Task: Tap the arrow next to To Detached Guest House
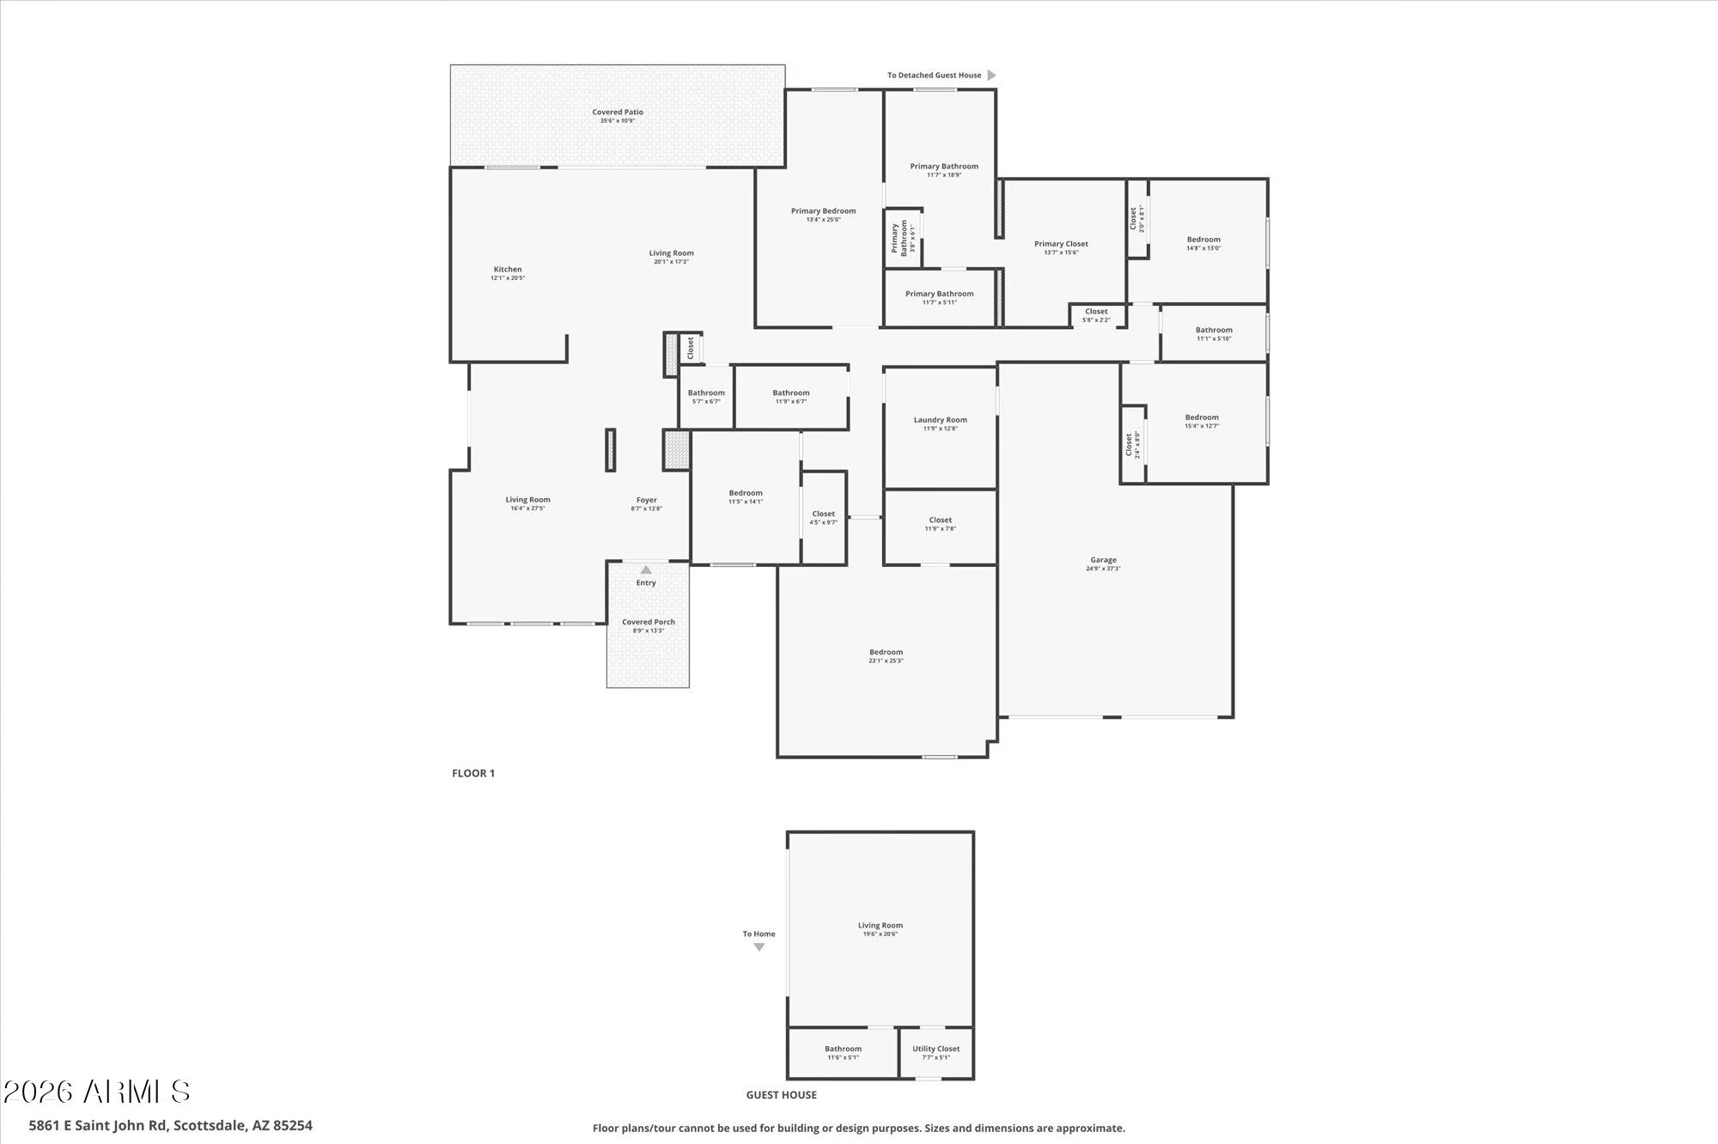click(991, 76)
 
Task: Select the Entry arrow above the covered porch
click(646, 570)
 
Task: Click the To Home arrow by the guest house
click(758, 947)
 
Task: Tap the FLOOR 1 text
click(473, 773)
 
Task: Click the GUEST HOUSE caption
click(781, 1095)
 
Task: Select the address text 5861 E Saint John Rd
click(170, 1125)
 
